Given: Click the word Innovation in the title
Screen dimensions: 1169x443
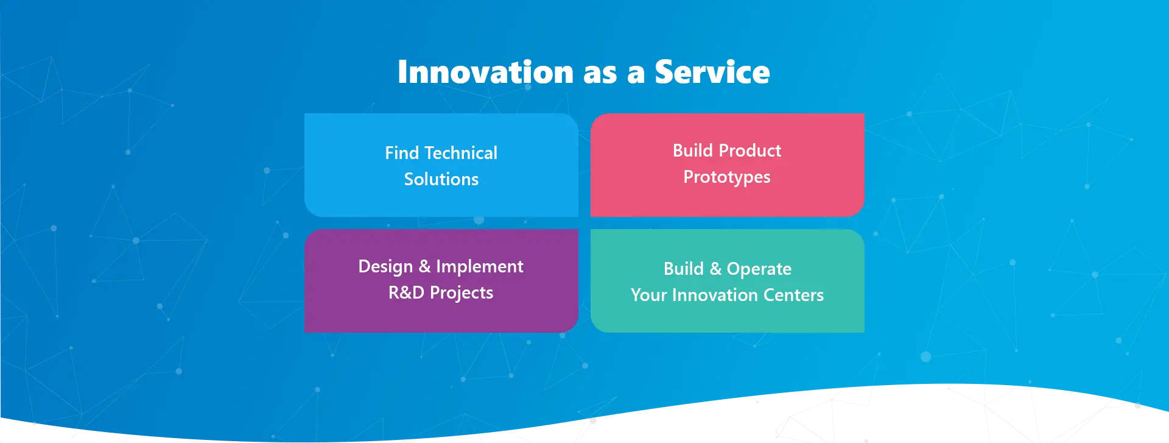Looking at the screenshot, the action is click(x=486, y=72).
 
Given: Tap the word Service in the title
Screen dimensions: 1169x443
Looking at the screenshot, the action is click(x=712, y=72).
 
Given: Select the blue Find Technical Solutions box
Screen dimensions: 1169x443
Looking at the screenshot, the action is click(x=441, y=165).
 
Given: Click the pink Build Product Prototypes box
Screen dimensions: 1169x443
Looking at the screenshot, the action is click(x=728, y=165).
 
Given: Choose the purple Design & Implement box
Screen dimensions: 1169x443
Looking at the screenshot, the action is click(x=441, y=281).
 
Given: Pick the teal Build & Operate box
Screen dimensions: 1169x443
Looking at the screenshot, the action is click(x=728, y=281).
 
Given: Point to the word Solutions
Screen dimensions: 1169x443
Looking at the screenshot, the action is click(x=441, y=179).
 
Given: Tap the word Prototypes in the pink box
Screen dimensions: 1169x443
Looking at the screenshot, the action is click(x=727, y=177).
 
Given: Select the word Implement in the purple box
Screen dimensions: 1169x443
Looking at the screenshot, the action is click(x=480, y=267).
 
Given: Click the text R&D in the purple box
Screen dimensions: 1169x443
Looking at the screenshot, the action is click(x=406, y=292).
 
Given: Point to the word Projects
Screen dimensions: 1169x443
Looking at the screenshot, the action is click(x=462, y=293).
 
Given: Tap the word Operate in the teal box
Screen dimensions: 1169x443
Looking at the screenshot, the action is click(x=759, y=269).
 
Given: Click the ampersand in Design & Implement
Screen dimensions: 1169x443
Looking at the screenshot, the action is click(x=424, y=266).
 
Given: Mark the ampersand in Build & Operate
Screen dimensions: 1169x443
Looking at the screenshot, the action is click(x=715, y=269).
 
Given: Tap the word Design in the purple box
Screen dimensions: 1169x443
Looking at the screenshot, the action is click(x=385, y=267).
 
